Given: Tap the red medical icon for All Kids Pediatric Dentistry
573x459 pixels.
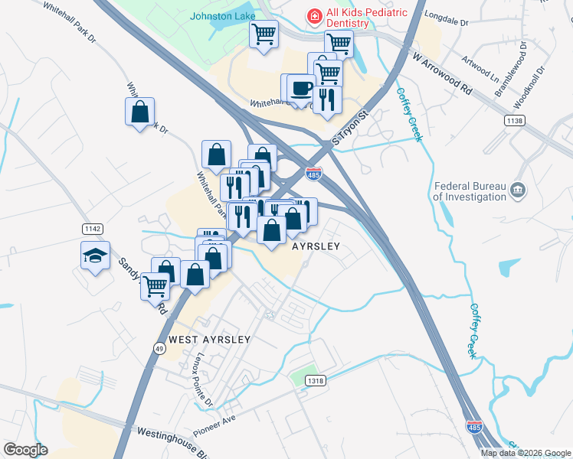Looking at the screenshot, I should point(313,16).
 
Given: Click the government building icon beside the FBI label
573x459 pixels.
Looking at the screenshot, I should point(517,190).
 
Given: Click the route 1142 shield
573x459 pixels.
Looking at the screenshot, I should point(92,229).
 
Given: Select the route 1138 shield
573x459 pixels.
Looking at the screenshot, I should point(515,121).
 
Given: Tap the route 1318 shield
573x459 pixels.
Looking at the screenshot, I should point(314,380).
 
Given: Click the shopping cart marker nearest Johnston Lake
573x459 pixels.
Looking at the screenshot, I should point(264,34).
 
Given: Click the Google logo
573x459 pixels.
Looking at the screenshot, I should point(26,450).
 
